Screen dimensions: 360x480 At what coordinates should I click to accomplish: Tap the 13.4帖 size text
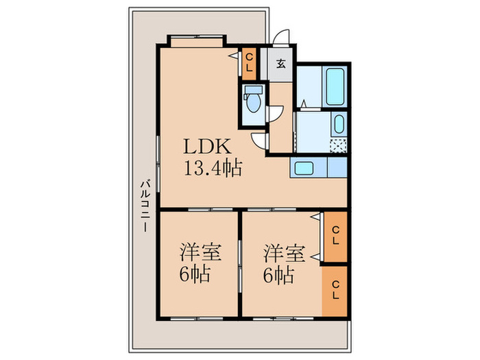tap(211, 169)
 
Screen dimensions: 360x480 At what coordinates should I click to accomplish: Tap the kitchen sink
tap(303, 168)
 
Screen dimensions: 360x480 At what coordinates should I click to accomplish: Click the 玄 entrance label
tap(281, 65)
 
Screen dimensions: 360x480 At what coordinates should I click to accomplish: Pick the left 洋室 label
tap(200, 252)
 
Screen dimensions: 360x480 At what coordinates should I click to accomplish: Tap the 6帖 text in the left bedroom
tap(196, 276)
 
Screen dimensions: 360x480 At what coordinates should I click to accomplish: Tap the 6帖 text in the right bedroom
tap(280, 276)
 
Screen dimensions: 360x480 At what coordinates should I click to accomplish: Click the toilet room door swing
tap(276, 117)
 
